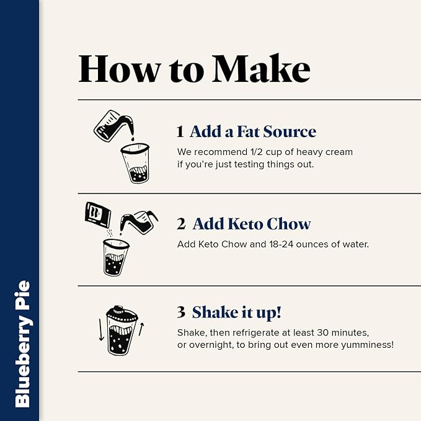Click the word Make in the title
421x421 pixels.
(261, 68)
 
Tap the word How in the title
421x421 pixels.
(120, 69)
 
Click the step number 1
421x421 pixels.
(180, 131)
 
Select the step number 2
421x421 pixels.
(181, 224)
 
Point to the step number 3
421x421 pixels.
(181, 312)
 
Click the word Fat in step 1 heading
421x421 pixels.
(248, 131)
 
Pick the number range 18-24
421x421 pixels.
(281, 244)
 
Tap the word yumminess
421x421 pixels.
(367, 345)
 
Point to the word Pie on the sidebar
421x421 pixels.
(22, 295)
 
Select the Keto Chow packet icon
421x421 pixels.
(97, 215)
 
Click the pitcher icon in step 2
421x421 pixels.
(139, 222)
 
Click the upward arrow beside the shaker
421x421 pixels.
(141, 329)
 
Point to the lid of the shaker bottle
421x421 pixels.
(122, 313)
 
